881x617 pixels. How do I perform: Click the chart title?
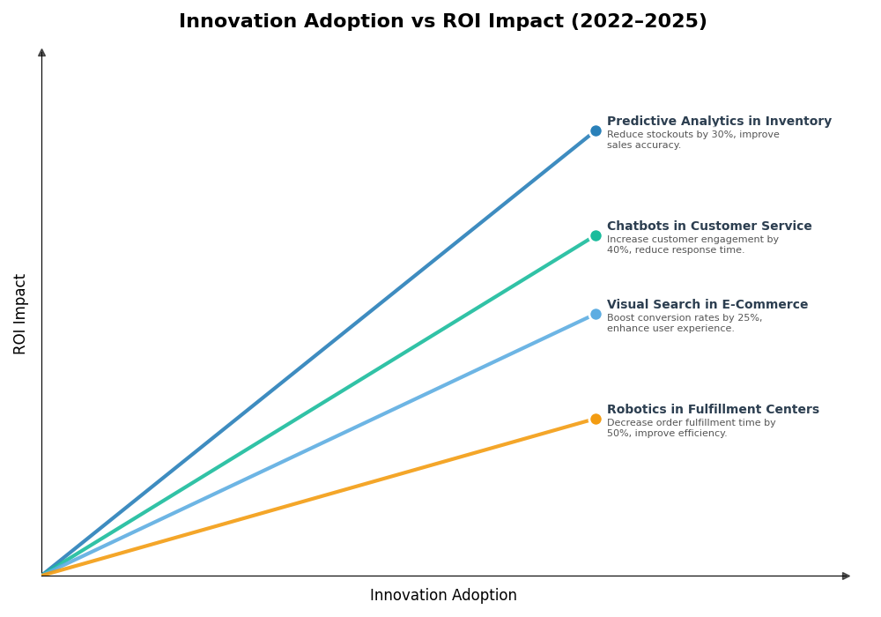(442, 22)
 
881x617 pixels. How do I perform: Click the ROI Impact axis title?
(20, 314)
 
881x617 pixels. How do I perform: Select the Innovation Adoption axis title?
(443, 596)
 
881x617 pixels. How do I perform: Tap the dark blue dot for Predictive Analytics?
(596, 131)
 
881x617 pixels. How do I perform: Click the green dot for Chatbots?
(596, 236)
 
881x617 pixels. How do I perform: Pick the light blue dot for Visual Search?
(596, 315)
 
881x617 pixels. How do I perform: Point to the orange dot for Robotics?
(596, 420)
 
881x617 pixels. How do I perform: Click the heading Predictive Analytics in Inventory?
(719, 122)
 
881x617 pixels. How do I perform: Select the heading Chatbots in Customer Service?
(709, 227)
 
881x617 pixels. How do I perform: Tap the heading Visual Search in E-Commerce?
(707, 305)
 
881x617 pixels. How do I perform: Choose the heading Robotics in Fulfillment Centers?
(713, 410)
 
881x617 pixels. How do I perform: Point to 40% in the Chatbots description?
(618, 250)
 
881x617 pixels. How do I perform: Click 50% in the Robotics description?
(618, 434)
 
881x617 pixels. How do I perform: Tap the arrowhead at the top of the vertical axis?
(41, 53)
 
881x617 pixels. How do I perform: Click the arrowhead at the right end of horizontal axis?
(846, 576)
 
